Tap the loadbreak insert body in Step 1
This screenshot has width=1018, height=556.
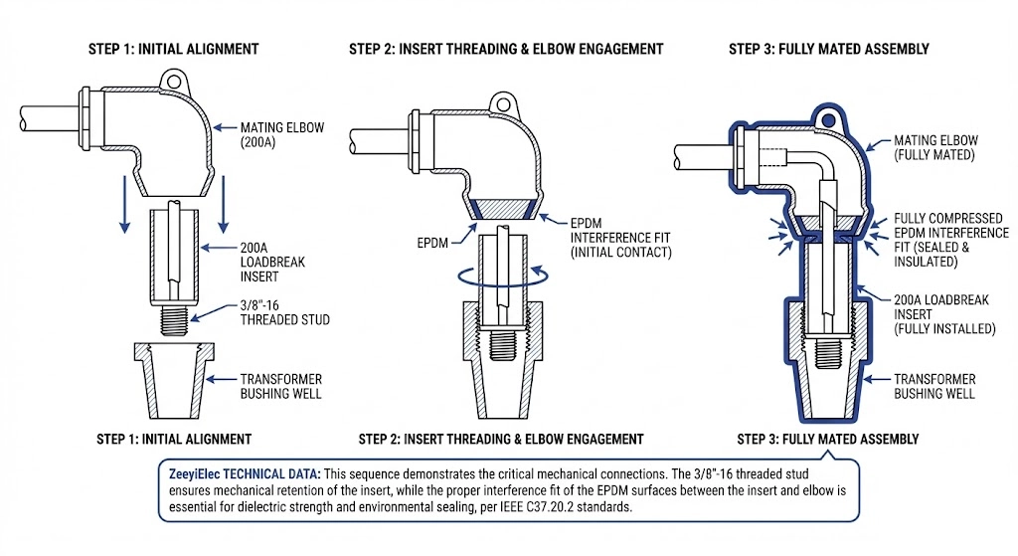pos(179,259)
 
